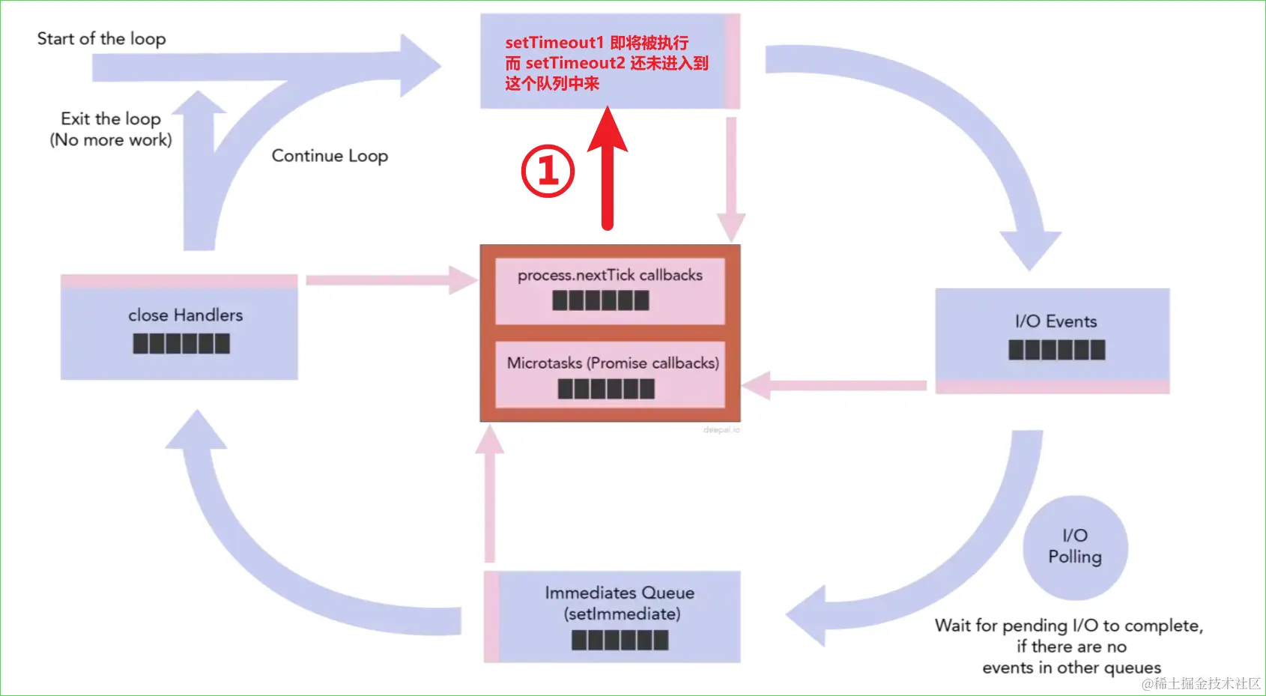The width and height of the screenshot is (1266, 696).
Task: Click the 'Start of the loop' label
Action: pos(101,38)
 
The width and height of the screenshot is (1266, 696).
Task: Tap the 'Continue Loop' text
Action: pos(330,156)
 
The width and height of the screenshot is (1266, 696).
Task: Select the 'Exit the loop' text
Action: pos(111,119)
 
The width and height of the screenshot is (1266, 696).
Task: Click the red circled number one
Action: pos(548,171)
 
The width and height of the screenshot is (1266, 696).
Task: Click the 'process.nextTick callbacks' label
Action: pos(610,275)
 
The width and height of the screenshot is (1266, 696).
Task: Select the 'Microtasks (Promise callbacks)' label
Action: pos(613,363)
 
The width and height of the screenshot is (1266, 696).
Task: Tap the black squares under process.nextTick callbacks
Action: pos(601,300)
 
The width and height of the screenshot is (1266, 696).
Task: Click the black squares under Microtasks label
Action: pos(606,389)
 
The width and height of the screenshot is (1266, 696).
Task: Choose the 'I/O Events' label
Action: pos(1055,321)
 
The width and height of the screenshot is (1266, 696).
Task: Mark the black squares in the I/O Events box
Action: pos(1056,350)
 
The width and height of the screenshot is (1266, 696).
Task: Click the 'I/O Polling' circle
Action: pos(1075,547)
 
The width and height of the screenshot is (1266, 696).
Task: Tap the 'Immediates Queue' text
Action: pos(620,593)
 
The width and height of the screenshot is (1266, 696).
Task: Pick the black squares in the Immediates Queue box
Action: pos(620,640)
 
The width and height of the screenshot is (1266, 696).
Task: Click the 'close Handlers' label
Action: pos(185,315)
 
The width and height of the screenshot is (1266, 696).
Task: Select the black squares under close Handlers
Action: pos(181,344)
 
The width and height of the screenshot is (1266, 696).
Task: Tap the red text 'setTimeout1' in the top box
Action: pos(554,43)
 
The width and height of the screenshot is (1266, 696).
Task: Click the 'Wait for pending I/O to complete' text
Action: pos(1069,626)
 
